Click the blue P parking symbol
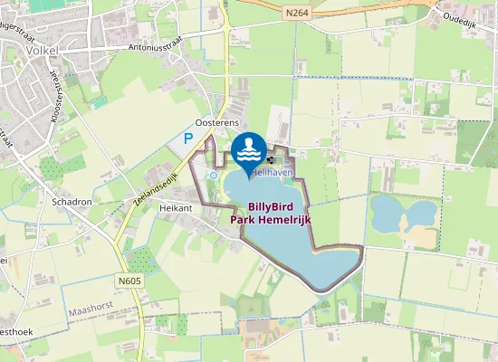188,138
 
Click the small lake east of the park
402,214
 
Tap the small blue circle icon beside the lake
213,175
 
